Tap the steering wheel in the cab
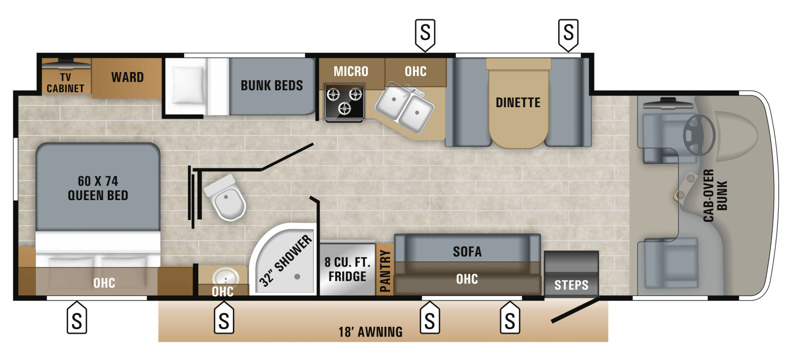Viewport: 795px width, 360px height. [699, 135]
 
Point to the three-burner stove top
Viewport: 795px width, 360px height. [344, 101]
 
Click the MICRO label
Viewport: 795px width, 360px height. [351, 71]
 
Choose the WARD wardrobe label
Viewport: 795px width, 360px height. [127, 77]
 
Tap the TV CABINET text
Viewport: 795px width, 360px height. [65, 83]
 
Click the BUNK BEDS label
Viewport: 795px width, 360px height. [272, 85]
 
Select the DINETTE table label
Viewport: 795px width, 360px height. [518, 102]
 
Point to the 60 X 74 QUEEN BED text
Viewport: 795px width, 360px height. [98, 188]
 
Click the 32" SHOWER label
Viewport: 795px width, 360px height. [285, 261]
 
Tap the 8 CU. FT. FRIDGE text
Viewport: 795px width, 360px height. [347, 269]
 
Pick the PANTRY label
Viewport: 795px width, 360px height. [385, 271]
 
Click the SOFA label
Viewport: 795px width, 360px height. [467, 252]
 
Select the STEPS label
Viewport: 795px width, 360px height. [571, 285]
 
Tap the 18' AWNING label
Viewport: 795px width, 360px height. [370, 332]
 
